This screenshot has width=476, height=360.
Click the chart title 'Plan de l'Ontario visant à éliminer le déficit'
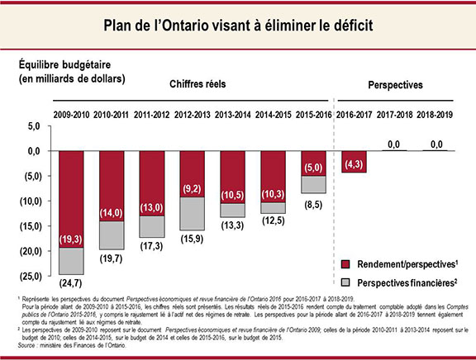[238, 26]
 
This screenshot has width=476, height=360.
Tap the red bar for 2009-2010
[70, 198]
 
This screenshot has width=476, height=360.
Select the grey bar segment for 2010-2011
[112, 234]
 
